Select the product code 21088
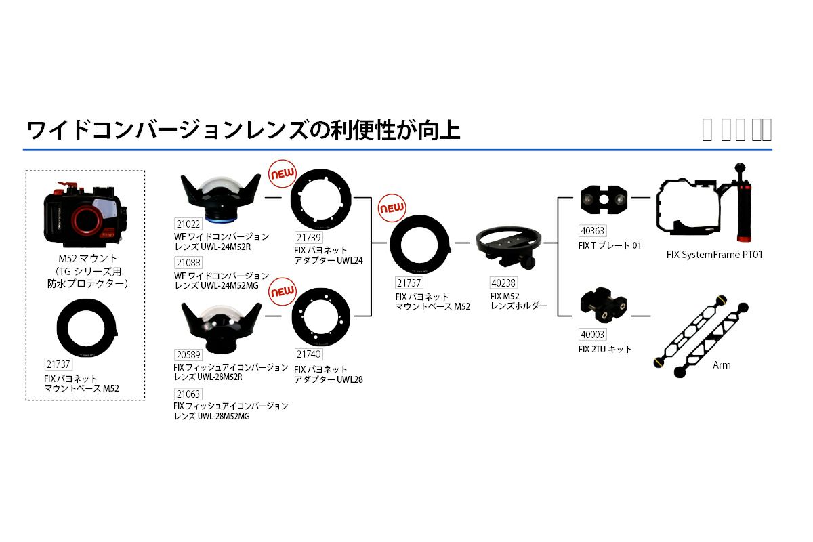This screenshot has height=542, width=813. click(x=188, y=263)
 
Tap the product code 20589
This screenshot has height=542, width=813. click(x=188, y=355)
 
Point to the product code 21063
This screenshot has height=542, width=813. click(x=188, y=394)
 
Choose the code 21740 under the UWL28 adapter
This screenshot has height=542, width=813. click(x=308, y=354)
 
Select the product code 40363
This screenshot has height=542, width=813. click(x=593, y=232)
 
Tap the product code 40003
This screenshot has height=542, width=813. click(x=593, y=335)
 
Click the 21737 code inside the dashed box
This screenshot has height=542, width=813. click(x=59, y=364)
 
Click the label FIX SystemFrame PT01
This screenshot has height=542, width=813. click(x=714, y=255)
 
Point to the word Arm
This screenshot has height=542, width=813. click(x=722, y=365)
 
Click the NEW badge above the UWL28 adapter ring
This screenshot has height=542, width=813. click(x=283, y=292)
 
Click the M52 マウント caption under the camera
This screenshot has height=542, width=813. click(x=87, y=258)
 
